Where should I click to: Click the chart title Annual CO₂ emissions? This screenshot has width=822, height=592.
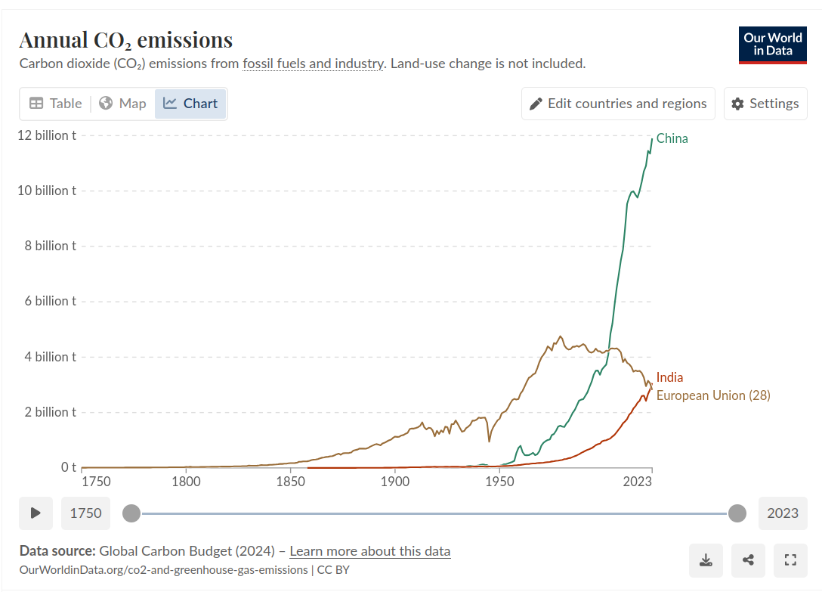pyautogui.click(x=125, y=40)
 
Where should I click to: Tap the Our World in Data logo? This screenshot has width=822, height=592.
pyautogui.click(x=772, y=45)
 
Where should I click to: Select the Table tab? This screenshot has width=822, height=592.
pyautogui.click(x=55, y=104)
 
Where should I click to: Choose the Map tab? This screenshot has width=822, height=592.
pyautogui.click(x=122, y=104)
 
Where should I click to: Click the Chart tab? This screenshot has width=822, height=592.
pyautogui.click(x=190, y=104)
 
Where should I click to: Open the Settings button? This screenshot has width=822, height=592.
pyautogui.click(x=765, y=104)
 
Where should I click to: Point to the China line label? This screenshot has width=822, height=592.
pyautogui.click(x=672, y=138)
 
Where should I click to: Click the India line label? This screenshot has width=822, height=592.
pyautogui.click(x=669, y=377)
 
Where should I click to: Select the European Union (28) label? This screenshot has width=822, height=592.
pyautogui.click(x=712, y=395)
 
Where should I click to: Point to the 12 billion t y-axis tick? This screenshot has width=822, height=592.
pyautogui.click(x=47, y=135)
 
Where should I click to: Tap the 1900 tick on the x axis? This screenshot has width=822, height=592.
pyautogui.click(x=394, y=482)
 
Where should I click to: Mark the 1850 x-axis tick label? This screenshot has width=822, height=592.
pyautogui.click(x=290, y=482)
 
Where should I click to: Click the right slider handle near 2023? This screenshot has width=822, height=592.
pyautogui.click(x=737, y=513)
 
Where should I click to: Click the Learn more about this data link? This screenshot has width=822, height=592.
pyautogui.click(x=369, y=551)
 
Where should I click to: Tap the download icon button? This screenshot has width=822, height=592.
pyautogui.click(x=706, y=560)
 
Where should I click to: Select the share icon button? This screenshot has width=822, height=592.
pyautogui.click(x=748, y=560)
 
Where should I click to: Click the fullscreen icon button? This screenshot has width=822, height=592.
pyautogui.click(x=791, y=560)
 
